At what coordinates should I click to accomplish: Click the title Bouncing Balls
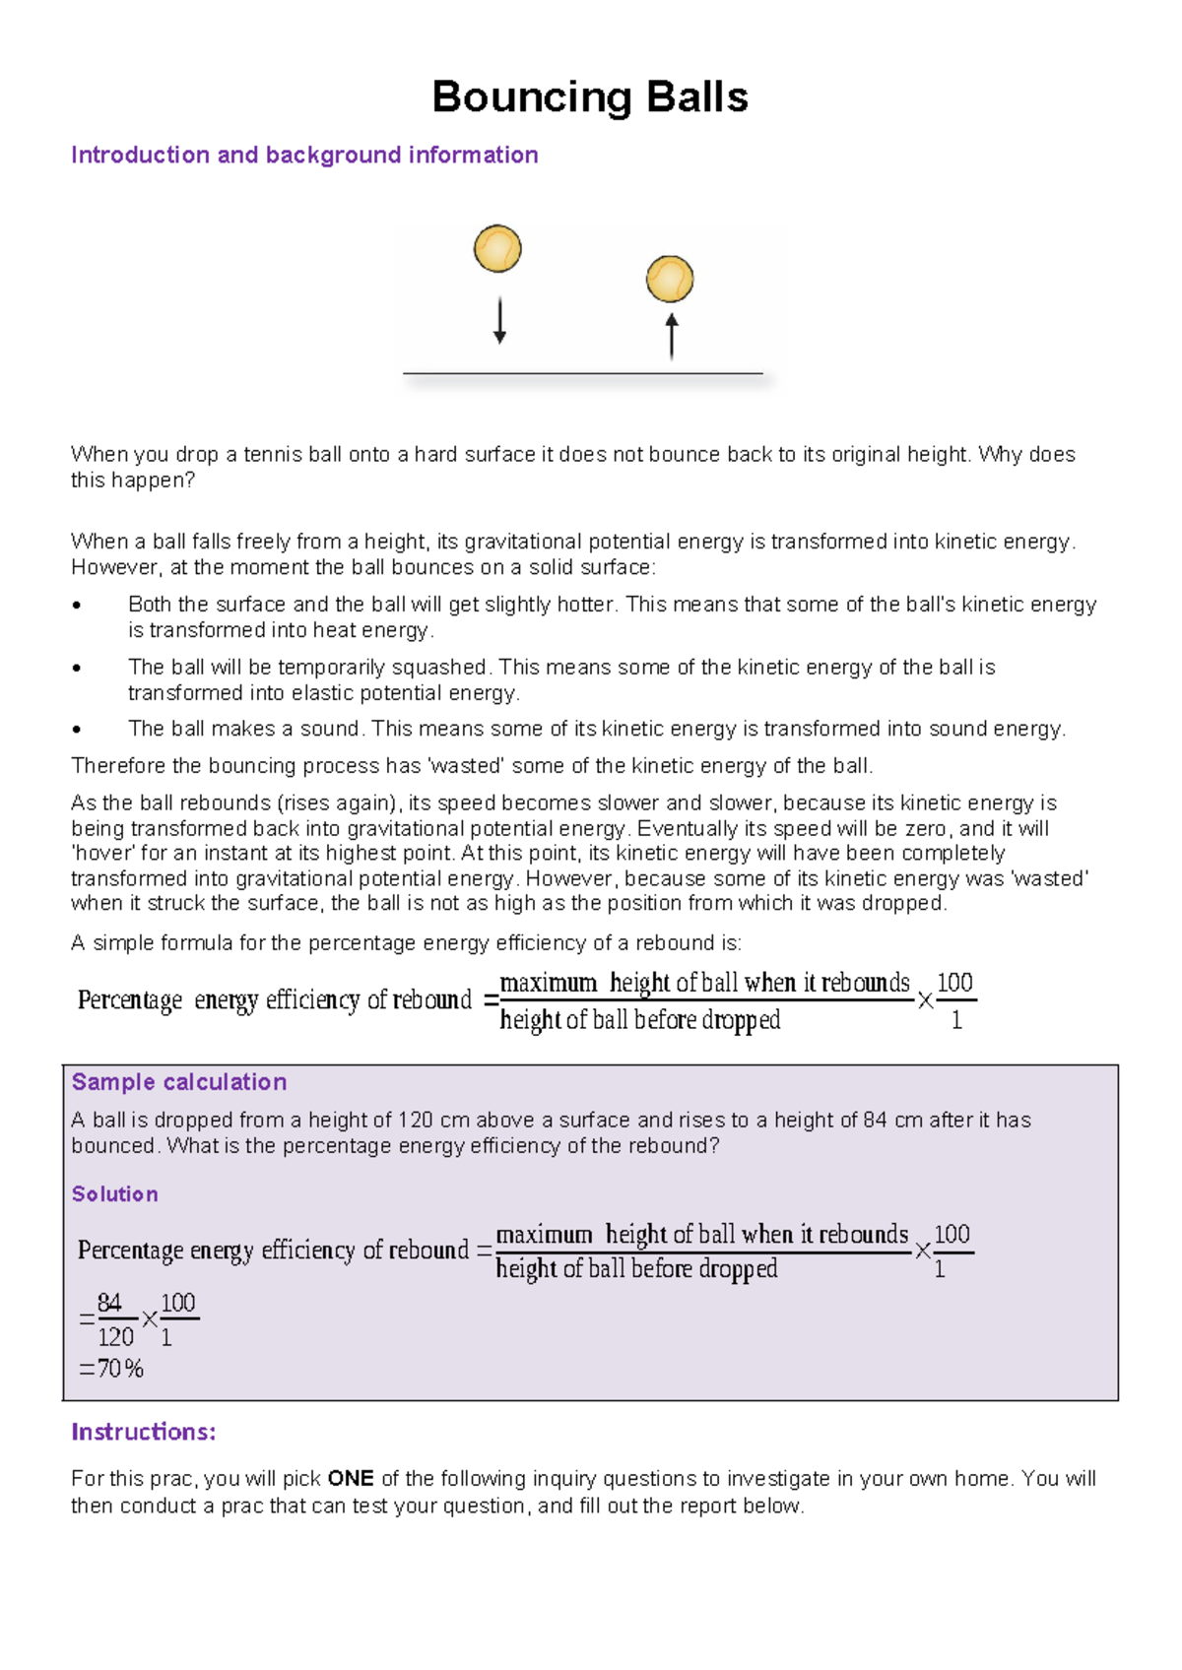(x=590, y=97)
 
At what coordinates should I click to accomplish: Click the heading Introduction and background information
(x=304, y=155)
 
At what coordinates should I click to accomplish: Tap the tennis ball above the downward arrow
(x=497, y=248)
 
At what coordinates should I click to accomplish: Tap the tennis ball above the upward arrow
(x=670, y=279)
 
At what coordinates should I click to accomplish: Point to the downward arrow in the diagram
(x=499, y=321)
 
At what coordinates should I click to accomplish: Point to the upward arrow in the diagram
(x=672, y=336)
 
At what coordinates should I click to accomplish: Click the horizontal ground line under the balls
(x=583, y=373)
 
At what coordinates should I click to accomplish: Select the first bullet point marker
(x=77, y=606)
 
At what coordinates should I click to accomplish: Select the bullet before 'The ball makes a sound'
(x=77, y=730)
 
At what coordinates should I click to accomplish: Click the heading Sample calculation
(x=179, y=1082)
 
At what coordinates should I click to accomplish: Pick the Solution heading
(x=114, y=1194)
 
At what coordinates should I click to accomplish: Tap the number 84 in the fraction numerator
(x=109, y=1303)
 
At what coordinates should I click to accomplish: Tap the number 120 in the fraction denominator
(x=115, y=1337)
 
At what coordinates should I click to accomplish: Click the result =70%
(x=111, y=1369)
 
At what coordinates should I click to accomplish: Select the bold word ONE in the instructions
(x=351, y=1479)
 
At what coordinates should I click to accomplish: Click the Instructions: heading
(x=143, y=1432)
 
